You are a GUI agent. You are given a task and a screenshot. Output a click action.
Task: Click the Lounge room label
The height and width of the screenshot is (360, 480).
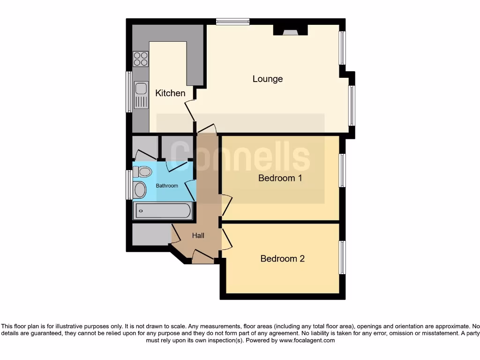[268, 79]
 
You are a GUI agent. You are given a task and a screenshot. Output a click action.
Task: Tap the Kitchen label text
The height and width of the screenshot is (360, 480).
[170, 93]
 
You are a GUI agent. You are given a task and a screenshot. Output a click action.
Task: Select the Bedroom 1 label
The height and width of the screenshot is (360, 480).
[280, 178]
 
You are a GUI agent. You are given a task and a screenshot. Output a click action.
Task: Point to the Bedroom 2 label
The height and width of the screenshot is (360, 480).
[283, 258]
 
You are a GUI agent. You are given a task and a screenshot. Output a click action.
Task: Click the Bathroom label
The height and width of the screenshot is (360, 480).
[167, 186]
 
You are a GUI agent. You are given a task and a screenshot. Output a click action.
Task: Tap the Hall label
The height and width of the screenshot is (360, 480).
[198, 236]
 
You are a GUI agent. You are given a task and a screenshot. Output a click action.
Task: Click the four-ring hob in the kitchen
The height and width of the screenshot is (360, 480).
[141, 59]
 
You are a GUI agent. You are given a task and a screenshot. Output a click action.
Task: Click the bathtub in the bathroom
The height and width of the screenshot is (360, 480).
[163, 211]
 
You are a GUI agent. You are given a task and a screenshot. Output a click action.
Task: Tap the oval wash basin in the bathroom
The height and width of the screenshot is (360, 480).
[140, 189]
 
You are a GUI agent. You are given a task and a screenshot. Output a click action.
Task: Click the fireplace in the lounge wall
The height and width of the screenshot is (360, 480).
[291, 31]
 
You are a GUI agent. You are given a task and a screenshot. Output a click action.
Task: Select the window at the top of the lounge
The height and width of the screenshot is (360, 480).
[233, 21]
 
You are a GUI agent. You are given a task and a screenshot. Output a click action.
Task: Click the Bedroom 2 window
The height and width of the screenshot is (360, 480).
[343, 257]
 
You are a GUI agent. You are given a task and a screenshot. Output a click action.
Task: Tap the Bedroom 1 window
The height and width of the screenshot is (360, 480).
[343, 170]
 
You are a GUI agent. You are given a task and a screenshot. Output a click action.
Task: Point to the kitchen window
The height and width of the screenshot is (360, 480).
[129, 92]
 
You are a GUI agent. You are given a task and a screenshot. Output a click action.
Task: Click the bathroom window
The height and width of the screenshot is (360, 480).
[129, 185]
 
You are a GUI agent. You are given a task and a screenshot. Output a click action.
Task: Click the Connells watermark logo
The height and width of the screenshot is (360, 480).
[240, 157]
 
